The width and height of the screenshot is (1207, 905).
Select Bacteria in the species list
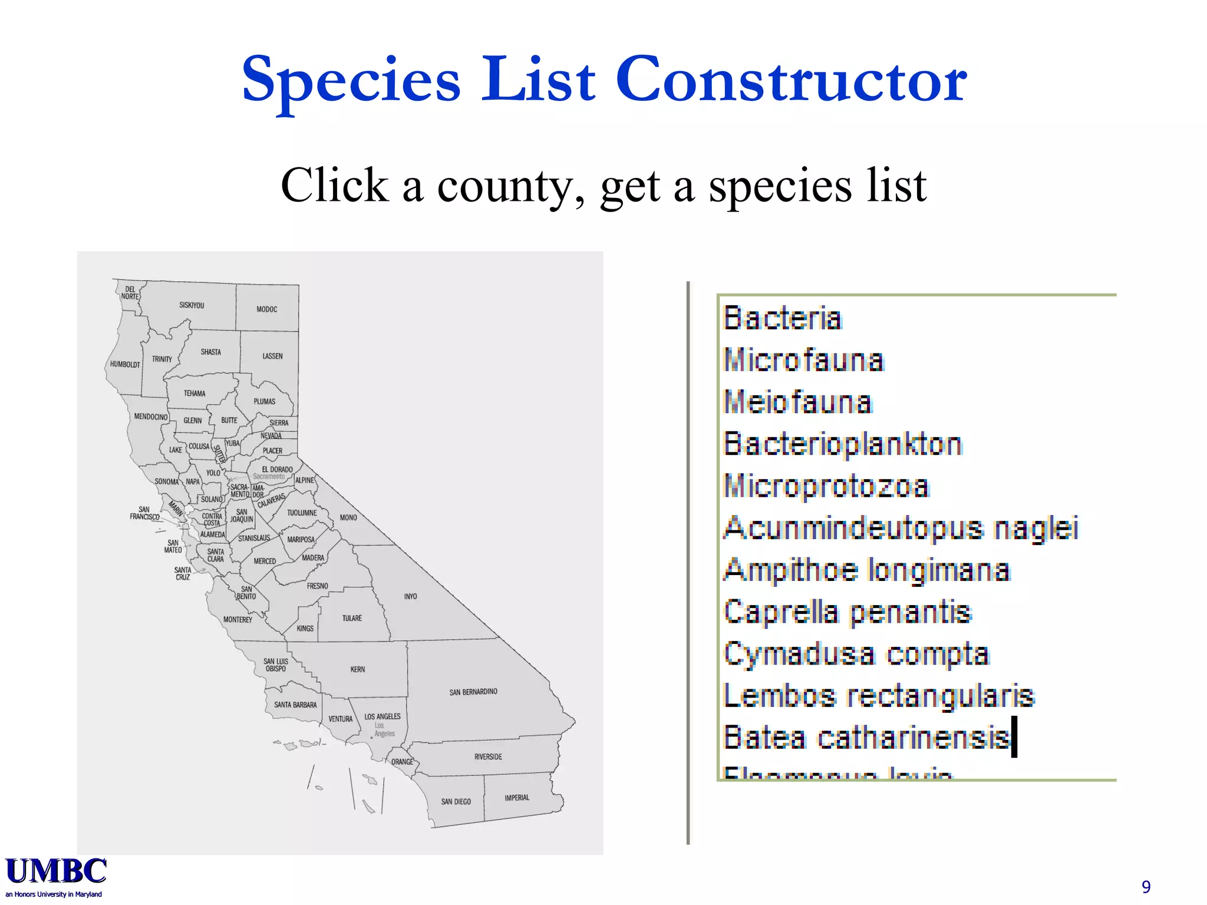point(782,318)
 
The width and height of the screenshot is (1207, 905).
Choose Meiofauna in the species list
point(797,402)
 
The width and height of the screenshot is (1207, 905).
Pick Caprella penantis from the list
point(847,612)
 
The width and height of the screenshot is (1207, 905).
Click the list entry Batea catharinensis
point(866,738)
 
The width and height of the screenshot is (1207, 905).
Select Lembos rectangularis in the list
point(878,696)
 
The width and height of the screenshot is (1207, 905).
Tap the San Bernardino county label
point(473,692)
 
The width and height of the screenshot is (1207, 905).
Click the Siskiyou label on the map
point(192,305)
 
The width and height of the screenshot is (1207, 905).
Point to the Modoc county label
point(266,309)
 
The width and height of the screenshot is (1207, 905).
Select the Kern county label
point(358,669)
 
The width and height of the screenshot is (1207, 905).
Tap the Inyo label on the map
point(410,596)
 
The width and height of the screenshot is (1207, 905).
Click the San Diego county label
point(456,802)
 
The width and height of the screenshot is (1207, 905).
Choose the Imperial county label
point(517,798)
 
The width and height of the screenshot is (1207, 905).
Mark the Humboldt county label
point(125,364)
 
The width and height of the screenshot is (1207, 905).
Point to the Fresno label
point(317,586)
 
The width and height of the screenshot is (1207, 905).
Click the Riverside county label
point(488,757)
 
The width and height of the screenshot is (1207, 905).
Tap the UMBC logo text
point(56,872)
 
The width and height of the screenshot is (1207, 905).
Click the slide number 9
point(1146,887)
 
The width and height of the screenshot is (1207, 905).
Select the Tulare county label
point(352,618)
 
